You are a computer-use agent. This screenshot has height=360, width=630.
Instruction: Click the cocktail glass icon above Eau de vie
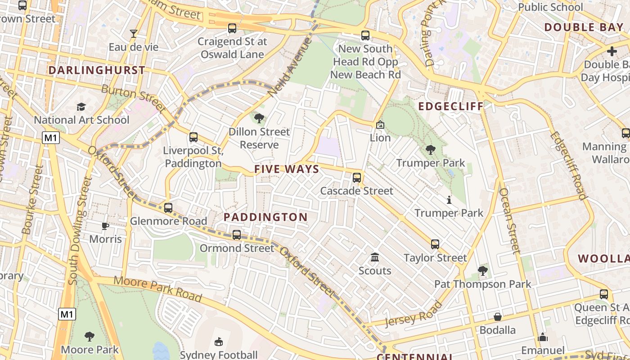point(134,33)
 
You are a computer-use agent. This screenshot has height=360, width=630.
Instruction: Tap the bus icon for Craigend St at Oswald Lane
point(232,28)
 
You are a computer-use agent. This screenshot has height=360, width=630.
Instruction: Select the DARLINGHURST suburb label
point(97,70)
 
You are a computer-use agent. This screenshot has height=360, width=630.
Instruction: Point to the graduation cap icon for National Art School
point(81,107)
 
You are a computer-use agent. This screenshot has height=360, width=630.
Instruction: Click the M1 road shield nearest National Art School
point(51,138)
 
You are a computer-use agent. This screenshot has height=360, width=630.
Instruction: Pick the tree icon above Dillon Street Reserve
point(259,118)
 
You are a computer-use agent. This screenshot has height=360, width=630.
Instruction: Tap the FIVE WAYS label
point(287,169)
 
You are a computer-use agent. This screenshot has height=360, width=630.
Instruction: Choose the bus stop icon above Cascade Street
point(357,177)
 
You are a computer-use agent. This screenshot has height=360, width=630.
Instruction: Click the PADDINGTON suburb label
point(265,217)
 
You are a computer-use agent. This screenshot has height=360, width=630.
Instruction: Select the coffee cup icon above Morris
point(105,226)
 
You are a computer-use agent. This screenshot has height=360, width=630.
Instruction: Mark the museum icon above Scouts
point(374,257)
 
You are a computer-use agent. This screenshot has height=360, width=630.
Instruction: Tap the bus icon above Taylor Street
point(435,244)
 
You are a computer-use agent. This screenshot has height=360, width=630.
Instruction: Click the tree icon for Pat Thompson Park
point(482,271)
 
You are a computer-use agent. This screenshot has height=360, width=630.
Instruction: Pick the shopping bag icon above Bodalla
point(497,317)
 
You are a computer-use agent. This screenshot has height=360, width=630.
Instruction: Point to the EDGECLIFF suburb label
point(451,106)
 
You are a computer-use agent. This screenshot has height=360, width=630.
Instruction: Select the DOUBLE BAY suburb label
point(584,27)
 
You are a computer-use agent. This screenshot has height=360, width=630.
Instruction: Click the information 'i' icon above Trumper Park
point(449,200)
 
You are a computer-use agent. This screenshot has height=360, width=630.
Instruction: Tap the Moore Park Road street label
point(157,288)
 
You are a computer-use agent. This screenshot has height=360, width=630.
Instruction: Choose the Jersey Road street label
point(414,314)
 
